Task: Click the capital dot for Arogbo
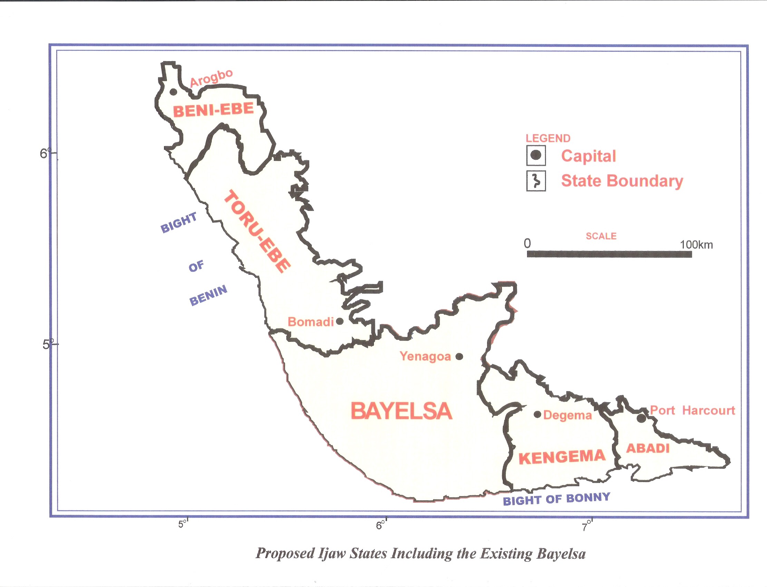click(x=173, y=92)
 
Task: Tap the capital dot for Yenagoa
click(x=459, y=356)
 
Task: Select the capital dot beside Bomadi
click(x=340, y=321)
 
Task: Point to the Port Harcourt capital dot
click(x=641, y=418)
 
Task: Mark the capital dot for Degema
click(x=537, y=415)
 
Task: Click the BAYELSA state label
click(x=401, y=411)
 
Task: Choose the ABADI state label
click(x=648, y=448)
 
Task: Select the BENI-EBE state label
click(x=213, y=110)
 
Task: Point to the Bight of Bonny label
click(x=556, y=499)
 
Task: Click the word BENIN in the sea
click(x=208, y=296)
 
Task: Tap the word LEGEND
click(x=548, y=138)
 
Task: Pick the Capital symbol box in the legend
click(x=536, y=155)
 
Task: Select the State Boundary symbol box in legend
click(x=536, y=181)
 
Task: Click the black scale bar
click(x=609, y=254)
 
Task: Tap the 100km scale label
click(x=696, y=244)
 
